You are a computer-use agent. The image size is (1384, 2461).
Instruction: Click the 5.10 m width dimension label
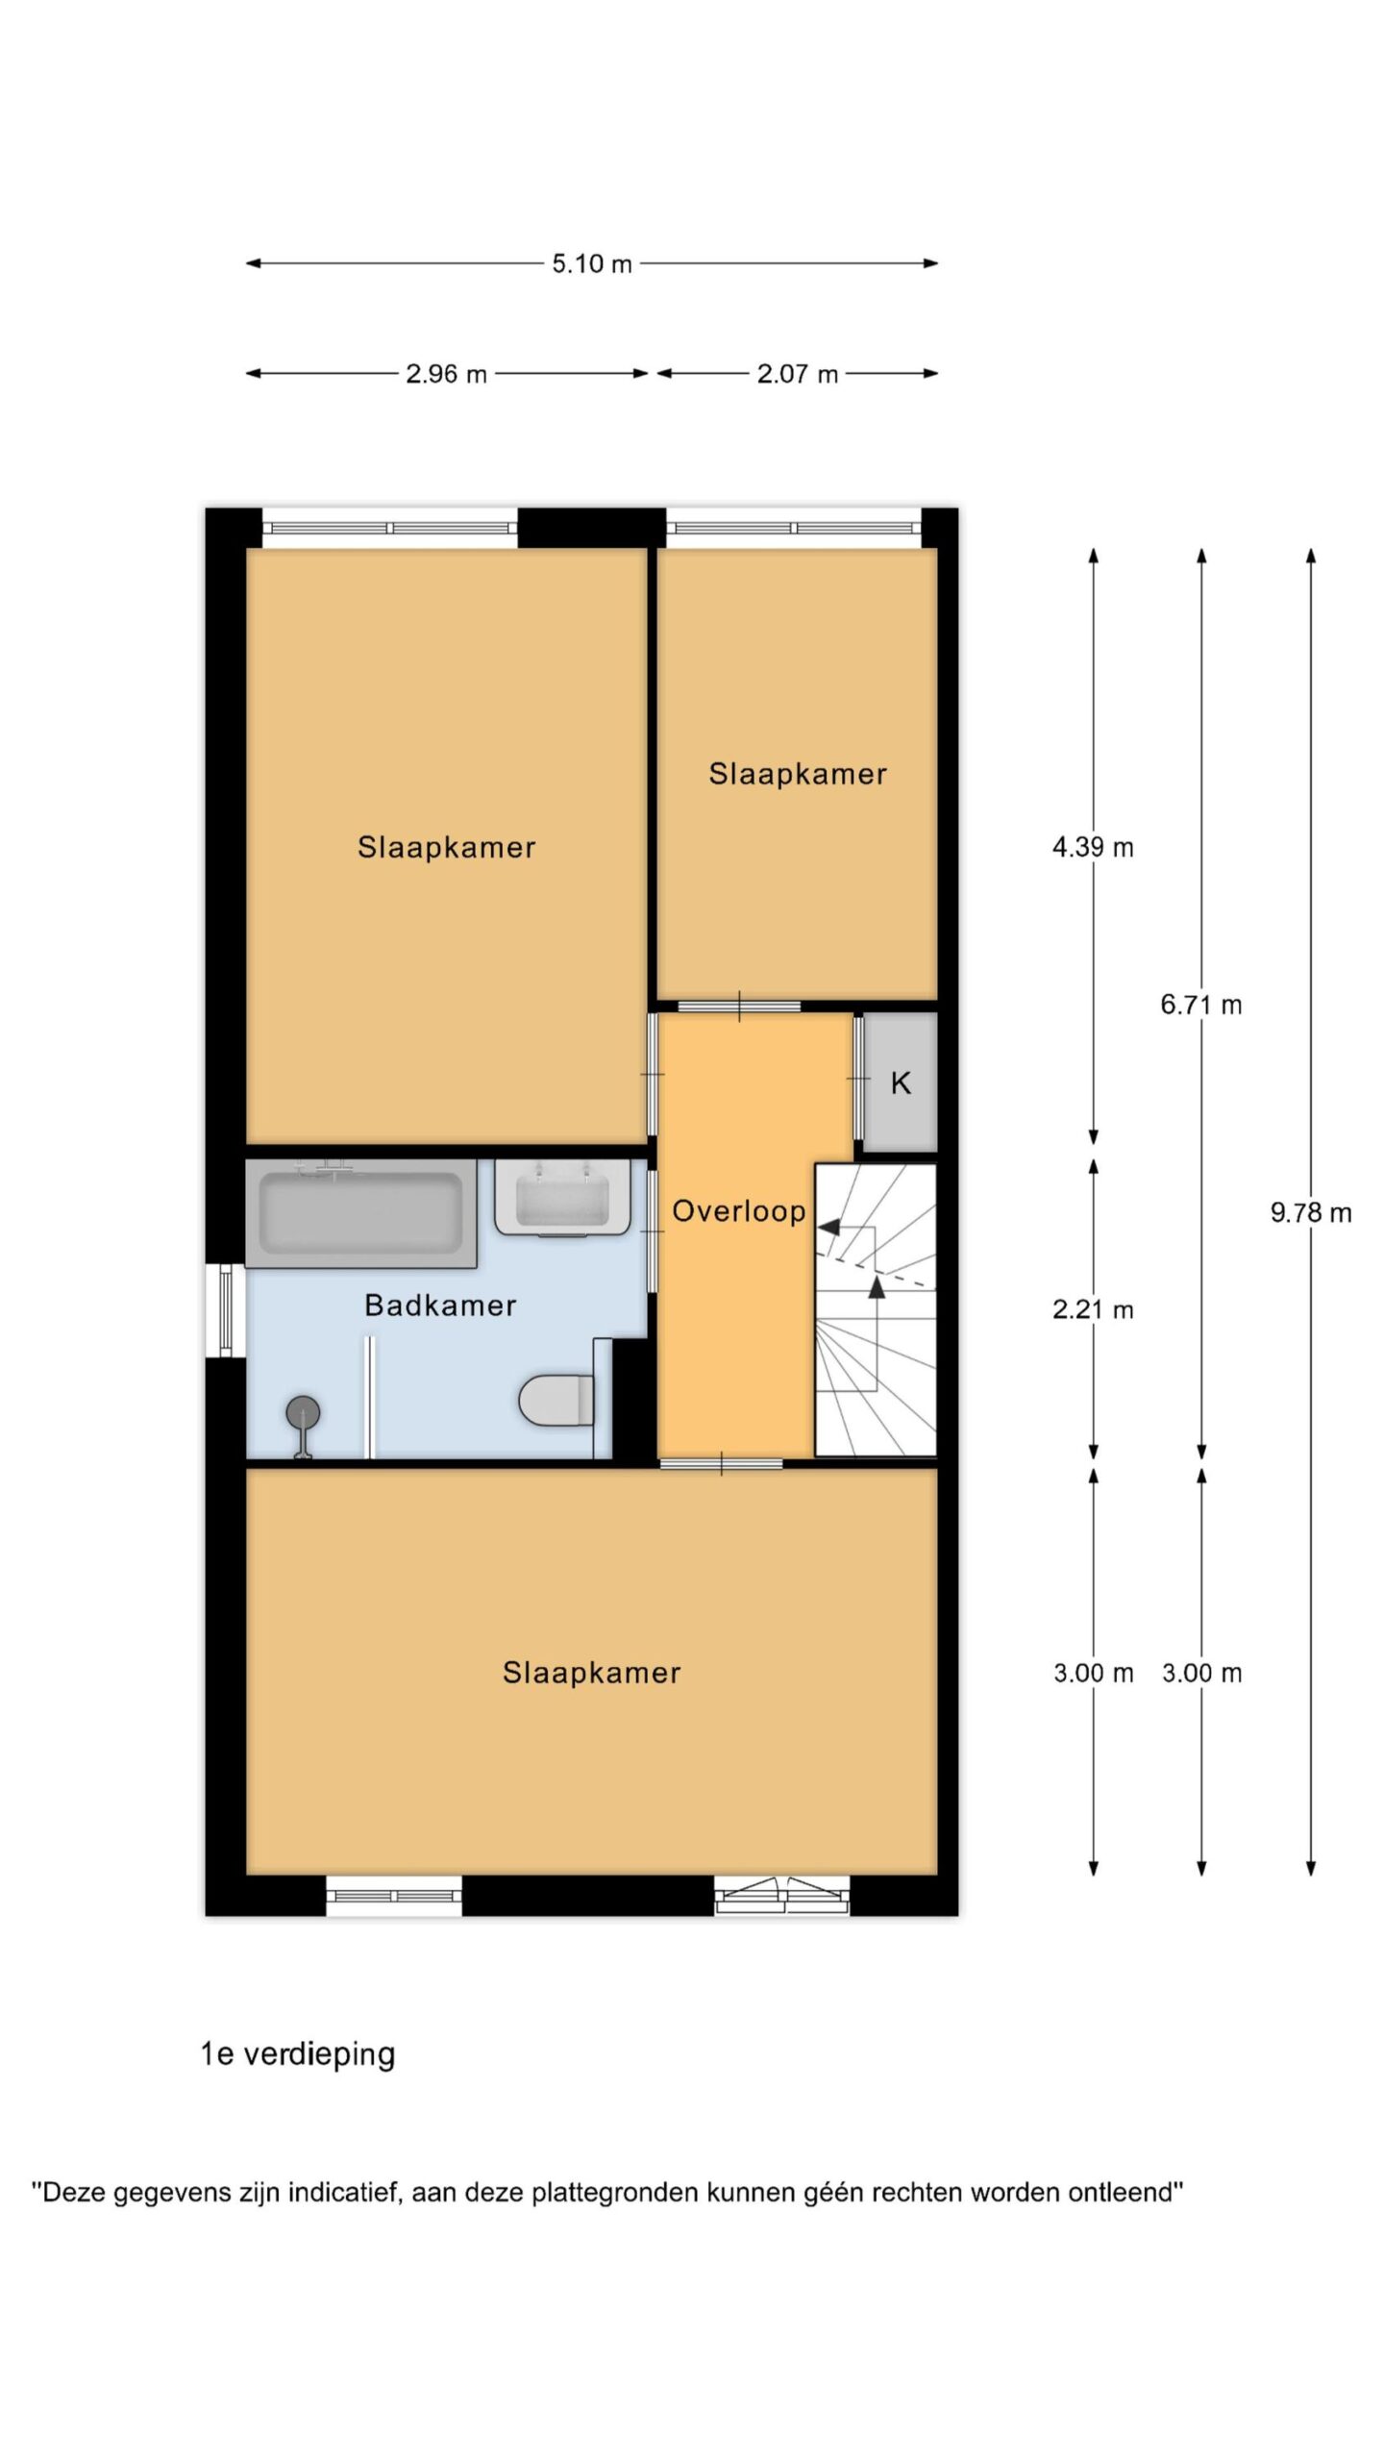591,263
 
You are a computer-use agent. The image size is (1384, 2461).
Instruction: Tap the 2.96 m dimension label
446,374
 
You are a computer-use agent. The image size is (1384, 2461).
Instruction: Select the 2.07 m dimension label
797,374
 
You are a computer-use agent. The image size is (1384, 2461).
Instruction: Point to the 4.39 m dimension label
1093,847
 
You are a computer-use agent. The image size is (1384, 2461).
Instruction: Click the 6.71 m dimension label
1200,1005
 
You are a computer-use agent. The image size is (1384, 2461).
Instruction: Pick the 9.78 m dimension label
1311,1212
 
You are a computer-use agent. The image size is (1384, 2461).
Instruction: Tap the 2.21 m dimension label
1093,1309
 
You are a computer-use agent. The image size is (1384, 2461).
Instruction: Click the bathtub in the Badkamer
361,1213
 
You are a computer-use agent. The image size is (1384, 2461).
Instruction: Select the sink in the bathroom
563,1198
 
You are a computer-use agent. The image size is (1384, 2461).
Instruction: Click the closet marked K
900,1082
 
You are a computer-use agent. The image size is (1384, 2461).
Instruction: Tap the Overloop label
738,1211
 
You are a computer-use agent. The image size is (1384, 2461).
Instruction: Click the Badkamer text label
440,1305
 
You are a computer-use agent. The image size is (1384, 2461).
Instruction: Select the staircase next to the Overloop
876,1309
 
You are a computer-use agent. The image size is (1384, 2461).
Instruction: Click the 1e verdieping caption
298,2054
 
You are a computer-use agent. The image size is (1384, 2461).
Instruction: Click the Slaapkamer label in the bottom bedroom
591,1673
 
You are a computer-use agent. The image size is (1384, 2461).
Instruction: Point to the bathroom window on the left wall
226,1309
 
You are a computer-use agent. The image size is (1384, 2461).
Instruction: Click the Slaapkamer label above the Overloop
798,774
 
